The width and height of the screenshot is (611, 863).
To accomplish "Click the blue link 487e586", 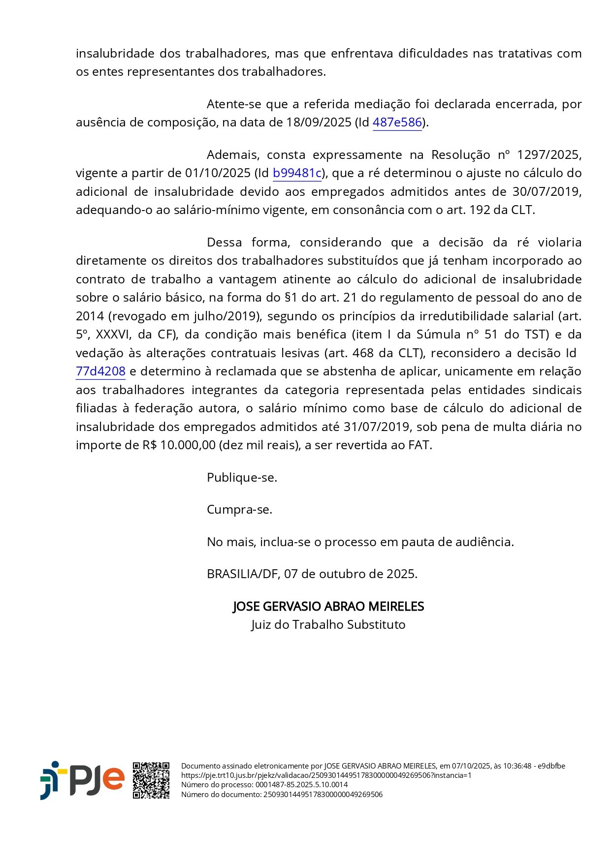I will tap(397, 122).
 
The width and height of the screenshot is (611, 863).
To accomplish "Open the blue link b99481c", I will tap(297, 173).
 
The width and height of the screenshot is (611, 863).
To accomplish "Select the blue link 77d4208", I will tap(100, 371).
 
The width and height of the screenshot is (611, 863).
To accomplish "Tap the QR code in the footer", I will tap(151, 780).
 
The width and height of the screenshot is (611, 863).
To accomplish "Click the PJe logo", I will tap(82, 780).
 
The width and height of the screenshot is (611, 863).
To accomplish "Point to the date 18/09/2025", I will tap(319, 122).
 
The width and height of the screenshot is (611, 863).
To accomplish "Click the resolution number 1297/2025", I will tap(549, 154).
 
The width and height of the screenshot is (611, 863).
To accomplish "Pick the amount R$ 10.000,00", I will tap(179, 445).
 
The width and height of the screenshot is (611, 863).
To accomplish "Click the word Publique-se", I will tap(242, 477).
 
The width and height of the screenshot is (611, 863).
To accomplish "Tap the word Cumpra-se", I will tap(239, 509).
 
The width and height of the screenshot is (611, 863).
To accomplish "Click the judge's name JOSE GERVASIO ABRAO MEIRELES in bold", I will tap(328, 606).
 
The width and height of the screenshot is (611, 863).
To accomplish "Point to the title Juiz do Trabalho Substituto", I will tap(328, 624).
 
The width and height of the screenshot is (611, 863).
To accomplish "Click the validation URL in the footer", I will tap(326, 775).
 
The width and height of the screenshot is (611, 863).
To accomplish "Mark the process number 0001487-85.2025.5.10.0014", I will tap(301, 785).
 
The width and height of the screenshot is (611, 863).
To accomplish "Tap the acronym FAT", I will tap(419, 445).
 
